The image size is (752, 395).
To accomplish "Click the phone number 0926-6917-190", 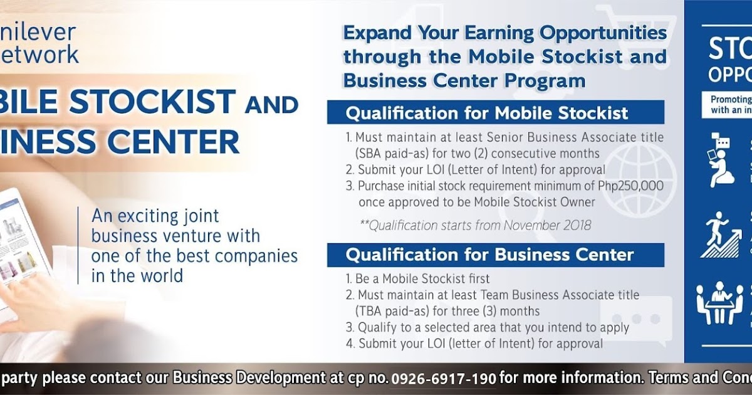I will click(x=444, y=379).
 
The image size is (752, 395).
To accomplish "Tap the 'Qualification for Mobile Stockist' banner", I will click(x=495, y=113).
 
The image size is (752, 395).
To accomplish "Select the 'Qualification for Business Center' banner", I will click(x=495, y=255).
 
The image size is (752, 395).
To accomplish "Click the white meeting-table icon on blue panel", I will click(x=719, y=304).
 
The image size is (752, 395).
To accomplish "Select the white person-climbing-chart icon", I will click(x=721, y=235).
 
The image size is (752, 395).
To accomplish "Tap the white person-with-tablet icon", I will click(x=721, y=160).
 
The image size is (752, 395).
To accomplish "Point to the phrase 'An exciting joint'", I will click(x=155, y=216).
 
